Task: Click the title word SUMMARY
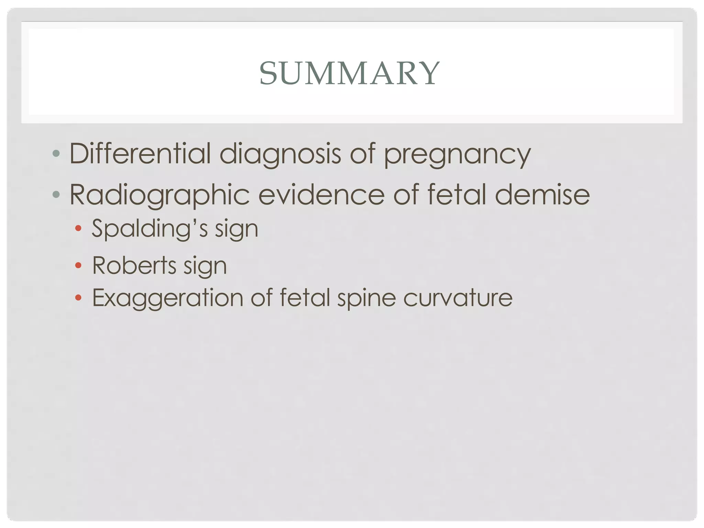tap(349, 73)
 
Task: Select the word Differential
tap(140, 153)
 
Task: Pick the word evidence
tap(321, 195)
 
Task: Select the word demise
tap(542, 195)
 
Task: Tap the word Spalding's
tap(150, 229)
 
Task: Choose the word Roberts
tap(134, 265)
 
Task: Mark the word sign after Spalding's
tap(236, 230)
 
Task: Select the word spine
tap(366, 298)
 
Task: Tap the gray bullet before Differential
tap(56, 153)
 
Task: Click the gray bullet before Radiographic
tap(56, 195)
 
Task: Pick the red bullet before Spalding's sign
tap(78, 228)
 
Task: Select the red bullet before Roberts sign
tap(78, 265)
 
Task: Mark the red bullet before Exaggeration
tap(78, 297)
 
